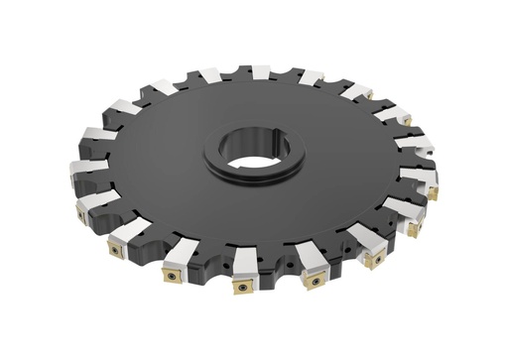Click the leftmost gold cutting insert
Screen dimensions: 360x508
[79, 211]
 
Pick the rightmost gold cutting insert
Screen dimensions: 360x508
[433, 192]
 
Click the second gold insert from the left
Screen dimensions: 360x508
[116, 250]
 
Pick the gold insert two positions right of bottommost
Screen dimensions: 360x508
[374, 260]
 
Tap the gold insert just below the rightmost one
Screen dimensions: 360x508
[415, 228]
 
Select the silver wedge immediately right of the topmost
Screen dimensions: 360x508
[311, 77]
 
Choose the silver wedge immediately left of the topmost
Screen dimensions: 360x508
[210, 74]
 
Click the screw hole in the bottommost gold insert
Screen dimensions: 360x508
[240, 288]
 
